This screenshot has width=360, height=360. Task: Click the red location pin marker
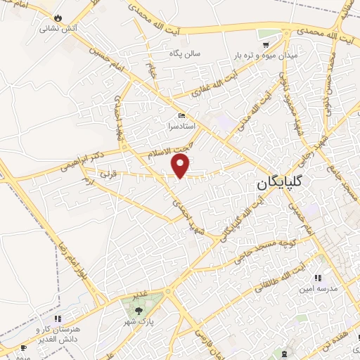click(x=181, y=166)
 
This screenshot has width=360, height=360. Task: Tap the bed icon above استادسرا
click(x=182, y=116)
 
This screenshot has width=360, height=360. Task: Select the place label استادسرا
click(x=182, y=127)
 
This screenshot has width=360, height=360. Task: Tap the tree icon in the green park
click(x=138, y=309)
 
